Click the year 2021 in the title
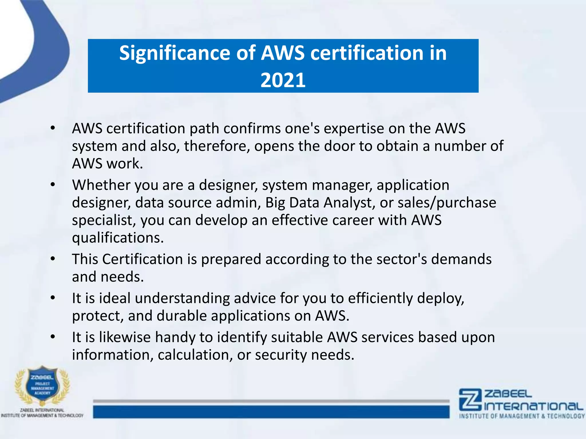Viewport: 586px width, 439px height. click(x=283, y=80)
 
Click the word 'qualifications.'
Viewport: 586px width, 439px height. click(x=118, y=238)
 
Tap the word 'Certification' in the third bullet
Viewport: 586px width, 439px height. click(x=142, y=259)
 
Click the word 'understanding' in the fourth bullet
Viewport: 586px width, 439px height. click(x=182, y=298)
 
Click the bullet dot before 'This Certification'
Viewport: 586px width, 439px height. click(x=53, y=259)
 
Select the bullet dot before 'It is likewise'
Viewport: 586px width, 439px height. click(x=53, y=337)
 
